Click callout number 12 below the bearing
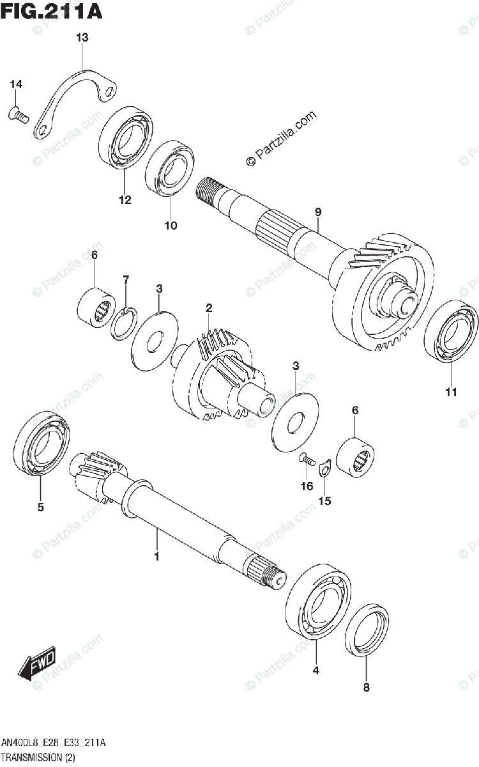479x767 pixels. (x=124, y=200)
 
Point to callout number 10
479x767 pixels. (x=171, y=225)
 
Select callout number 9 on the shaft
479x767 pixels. (x=318, y=212)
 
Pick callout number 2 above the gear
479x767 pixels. (x=209, y=309)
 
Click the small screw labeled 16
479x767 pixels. (x=307, y=458)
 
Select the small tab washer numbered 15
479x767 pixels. (x=324, y=470)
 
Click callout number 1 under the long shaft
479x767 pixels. (x=156, y=557)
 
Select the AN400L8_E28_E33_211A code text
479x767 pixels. (x=54, y=743)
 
